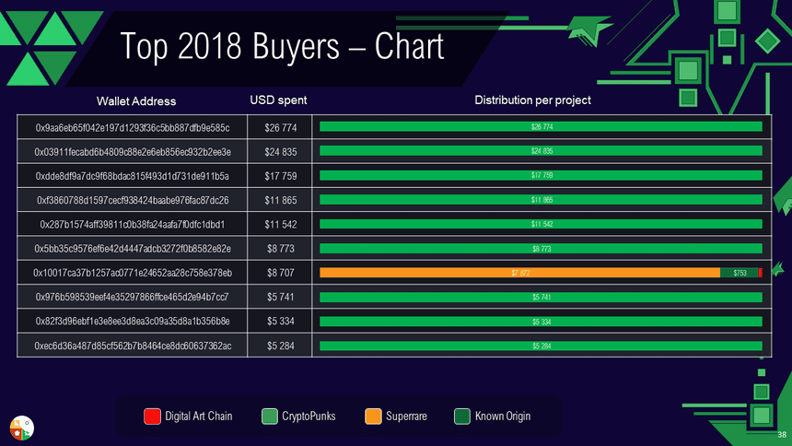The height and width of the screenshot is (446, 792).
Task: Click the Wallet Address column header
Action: [136, 100]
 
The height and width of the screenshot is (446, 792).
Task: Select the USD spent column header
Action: [278, 100]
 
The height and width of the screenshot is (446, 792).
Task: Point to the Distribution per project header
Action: [532, 100]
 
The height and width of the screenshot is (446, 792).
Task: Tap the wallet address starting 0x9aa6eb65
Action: [132, 126]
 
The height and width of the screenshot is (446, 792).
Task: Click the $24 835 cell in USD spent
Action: [280, 151]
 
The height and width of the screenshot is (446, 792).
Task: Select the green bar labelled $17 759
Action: [541, 175]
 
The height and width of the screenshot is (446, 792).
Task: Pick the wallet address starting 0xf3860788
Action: [132, 200]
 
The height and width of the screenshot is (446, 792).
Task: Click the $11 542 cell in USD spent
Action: [280, 224]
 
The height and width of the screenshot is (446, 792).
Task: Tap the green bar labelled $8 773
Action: [541, 249]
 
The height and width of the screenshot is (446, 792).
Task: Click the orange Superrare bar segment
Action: [519, 273]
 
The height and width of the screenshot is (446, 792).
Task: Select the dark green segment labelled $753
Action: [739, 273]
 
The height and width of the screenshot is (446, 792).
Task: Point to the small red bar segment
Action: [761, 273]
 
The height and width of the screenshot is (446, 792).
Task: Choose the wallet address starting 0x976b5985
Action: [132, 298]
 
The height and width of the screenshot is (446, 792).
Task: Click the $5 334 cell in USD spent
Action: [280, 322]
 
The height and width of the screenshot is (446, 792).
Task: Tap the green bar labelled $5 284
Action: [541, 346]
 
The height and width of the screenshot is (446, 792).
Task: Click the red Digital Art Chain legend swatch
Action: [153, 417]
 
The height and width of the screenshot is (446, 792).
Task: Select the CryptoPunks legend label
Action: [309, 417]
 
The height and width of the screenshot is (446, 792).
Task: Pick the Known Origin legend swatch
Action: [462, 417]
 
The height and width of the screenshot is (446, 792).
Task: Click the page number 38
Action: [782, 434]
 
